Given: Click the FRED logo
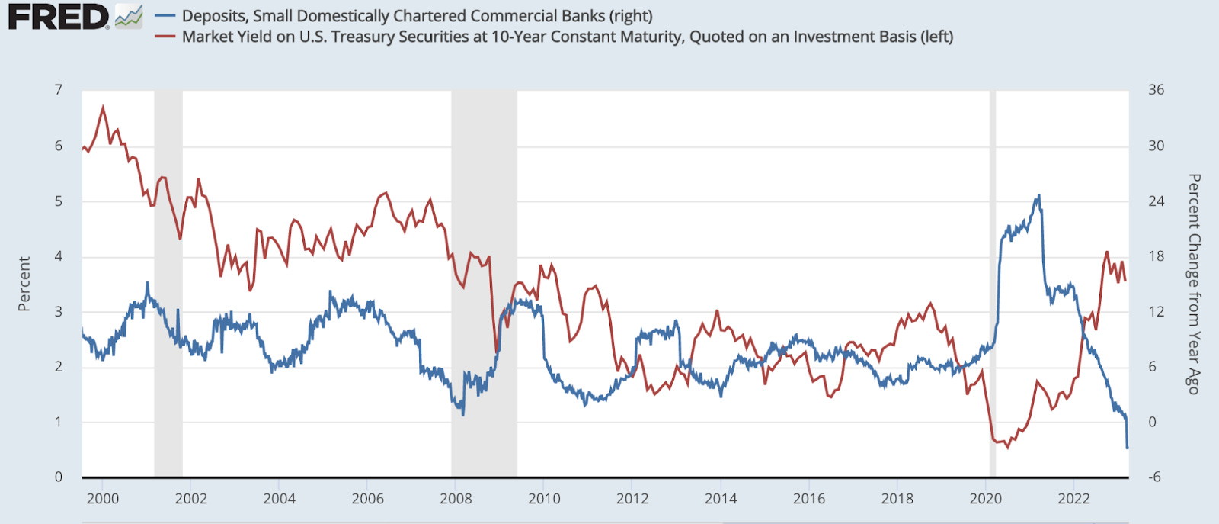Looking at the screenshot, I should click(x=59, y=17).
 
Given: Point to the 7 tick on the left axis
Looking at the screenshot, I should click(x=59, y=90).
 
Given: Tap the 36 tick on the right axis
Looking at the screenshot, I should click(x=1156, y=90).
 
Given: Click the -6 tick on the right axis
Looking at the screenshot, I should click(x=1154, y=477).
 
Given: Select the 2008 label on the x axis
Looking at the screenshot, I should click(x=456, y=499).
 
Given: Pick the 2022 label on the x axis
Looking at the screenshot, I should click(x=1073, y=499).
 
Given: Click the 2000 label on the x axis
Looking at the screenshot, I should click(x=103, y=499).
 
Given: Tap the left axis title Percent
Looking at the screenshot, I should click(x=24, y=284).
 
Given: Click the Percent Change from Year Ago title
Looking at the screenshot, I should click(x=1194, y=284).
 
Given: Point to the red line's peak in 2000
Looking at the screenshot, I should click(x=104, y=108).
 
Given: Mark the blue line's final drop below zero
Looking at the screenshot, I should click(x=1128, y=447).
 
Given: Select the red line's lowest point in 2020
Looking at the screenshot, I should click(x=1007, y=446).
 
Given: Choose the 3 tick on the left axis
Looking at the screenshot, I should click(x=59, y=312).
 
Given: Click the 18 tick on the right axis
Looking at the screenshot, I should click(x=1156, y=256).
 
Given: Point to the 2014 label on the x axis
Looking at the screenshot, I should click(x=720, y=499).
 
